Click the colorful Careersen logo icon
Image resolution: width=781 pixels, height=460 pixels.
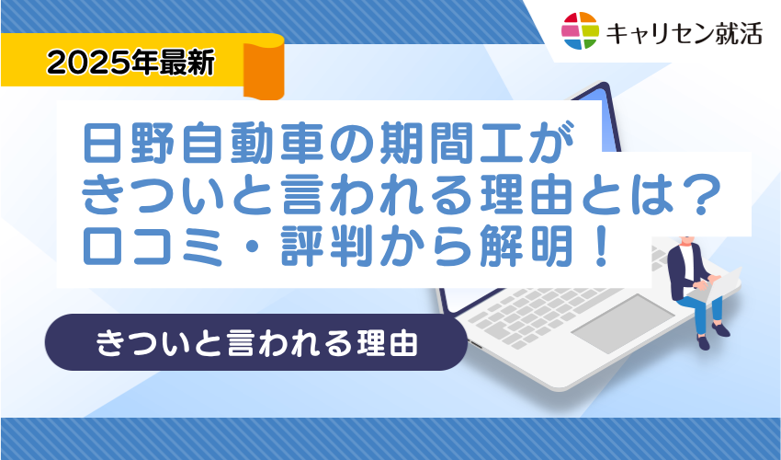pyautogui.click(x=581, y=31)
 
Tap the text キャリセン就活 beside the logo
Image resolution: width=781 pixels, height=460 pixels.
pyautogui.click(x=684, y=33)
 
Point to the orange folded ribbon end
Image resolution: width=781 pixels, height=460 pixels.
pyautogui.click(x=264, y=67)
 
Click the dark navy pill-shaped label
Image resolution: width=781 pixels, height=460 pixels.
pyautogui.click(x=256, y=342)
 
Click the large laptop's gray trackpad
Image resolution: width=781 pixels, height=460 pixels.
pyautogui.click(x=623, y=323)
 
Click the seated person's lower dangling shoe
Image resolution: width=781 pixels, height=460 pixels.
pyautogui.click(x=703, y=342)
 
